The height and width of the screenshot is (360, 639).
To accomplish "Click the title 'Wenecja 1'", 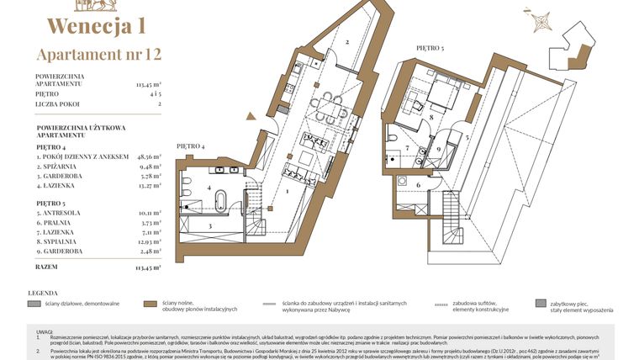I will pos(96,26).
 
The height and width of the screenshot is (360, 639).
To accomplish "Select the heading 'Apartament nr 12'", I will pos(98,56).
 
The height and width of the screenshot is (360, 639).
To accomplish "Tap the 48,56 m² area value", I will pos(148,156).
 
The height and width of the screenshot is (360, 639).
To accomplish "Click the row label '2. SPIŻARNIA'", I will pos(64,167).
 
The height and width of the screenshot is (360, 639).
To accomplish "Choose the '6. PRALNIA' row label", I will pos(58,223).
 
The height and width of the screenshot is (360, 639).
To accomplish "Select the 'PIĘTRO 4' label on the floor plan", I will pos(191,146).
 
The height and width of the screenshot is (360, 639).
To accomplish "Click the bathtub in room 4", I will pos(221,199).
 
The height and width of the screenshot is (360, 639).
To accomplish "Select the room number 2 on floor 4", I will pos(346,41).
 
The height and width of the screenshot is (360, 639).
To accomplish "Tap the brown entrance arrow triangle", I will pos(252,117).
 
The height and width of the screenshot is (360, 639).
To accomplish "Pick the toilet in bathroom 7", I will pos(393,137).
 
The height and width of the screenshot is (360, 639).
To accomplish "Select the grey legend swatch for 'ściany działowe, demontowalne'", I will pos(33,304).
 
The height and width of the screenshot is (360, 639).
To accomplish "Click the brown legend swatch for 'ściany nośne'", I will pos(150,304).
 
